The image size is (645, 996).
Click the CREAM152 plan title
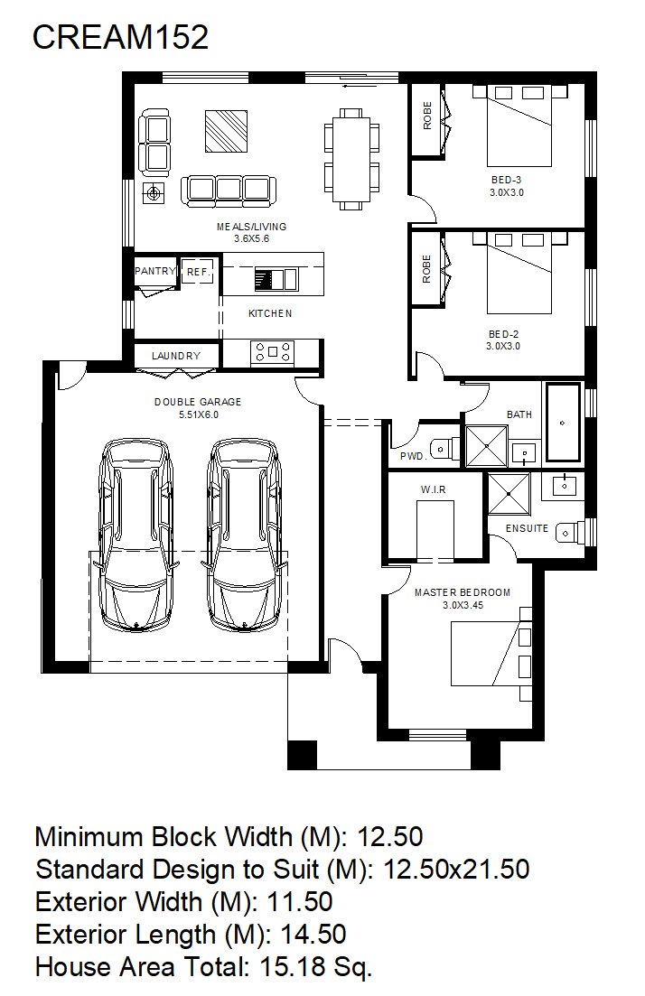(120, 38)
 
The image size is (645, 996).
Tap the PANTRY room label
(155, 271)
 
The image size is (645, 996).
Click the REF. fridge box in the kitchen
(198, 271)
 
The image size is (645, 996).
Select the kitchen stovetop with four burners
(272, 352)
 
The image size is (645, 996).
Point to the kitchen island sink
(276, 280)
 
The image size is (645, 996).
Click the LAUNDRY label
(176, 356)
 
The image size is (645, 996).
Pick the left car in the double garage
(136, 534)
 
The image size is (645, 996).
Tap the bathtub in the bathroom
(564, 422)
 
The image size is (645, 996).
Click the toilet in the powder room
(444, 448)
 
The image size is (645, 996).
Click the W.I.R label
(433, 489)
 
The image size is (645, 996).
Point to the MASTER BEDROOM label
(463, 592)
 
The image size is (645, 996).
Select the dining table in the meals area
(351, 158)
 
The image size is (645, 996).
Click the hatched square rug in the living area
(226, 132)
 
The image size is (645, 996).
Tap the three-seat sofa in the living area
(229, 191)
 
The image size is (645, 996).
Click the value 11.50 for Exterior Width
(300, 902)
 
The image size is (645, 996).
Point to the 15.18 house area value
(294, 967)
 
